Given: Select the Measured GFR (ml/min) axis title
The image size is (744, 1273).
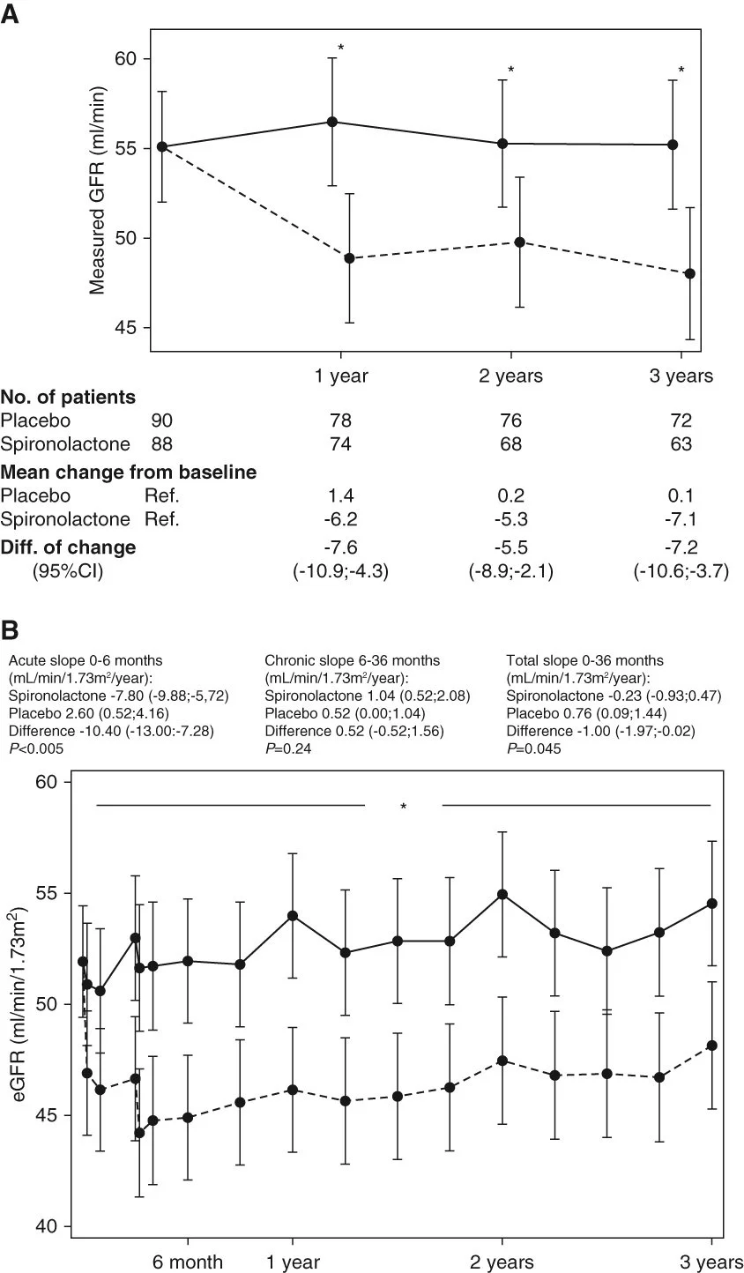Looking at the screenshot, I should (98, 191).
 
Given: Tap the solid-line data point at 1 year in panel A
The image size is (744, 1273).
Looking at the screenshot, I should (332, 122).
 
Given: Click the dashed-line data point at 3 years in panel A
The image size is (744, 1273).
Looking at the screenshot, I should (690, 273).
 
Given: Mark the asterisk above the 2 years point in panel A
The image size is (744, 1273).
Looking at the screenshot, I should (511, 71).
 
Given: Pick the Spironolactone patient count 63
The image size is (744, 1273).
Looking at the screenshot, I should (679, 445).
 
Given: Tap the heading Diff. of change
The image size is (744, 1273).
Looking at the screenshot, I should (69, 547).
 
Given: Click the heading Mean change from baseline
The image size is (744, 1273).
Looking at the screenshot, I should (129, 473).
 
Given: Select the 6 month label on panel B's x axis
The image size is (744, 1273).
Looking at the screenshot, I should (187, 1262).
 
